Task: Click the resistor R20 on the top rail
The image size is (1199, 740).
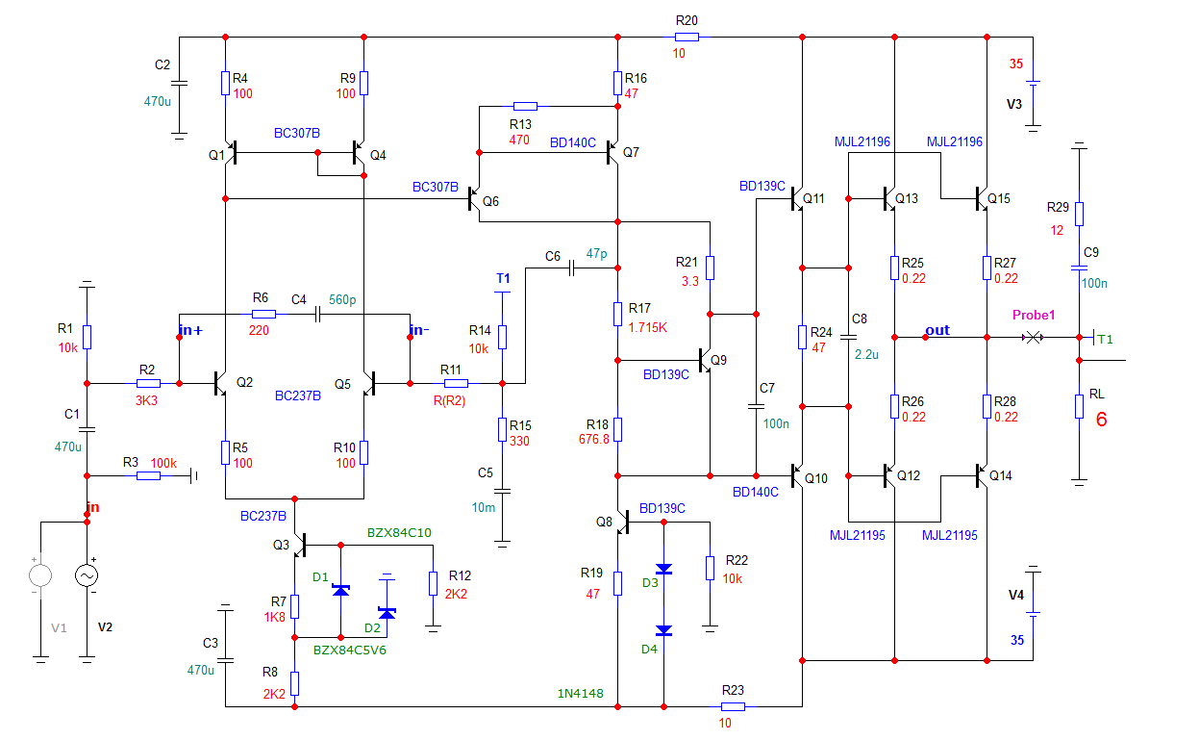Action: tap(687, 37)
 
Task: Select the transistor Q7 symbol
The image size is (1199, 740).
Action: tap(612, 153)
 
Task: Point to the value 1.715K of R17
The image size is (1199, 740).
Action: tap(648, 327)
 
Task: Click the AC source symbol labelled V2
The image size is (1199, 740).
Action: tap(87, 575)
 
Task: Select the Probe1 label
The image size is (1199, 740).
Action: tap(1034, 316)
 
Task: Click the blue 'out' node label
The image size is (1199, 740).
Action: tap(937, 330)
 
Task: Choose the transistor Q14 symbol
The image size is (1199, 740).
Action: tap(982, 475)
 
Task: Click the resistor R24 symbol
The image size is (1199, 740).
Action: tap(802, 337)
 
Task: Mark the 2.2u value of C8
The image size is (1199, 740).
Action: tap(867, 352)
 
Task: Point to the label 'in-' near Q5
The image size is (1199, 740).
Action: tap(418, 331)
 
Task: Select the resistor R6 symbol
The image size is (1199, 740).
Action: tap(262, 314)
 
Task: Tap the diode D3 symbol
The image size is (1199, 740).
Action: tap(663, 569)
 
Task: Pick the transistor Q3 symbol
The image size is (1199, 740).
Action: tap(298, 546)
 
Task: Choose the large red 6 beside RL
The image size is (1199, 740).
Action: tap(1102, 420)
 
